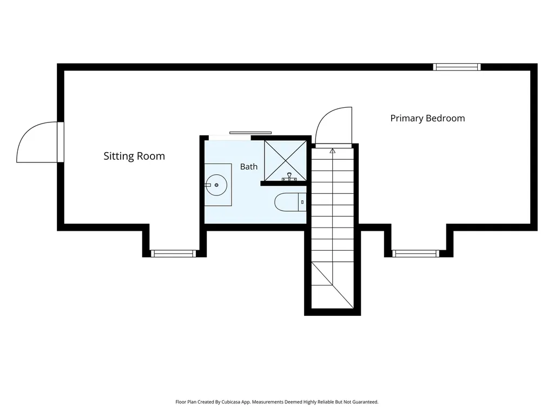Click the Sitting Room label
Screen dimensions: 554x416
(x=134, y=156)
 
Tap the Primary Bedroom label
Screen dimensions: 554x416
(x=427, y=119)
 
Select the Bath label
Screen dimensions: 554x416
(x=249, y=167)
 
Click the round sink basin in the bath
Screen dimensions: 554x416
(x=216, y=185)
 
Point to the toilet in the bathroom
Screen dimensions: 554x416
(x=291, y=202)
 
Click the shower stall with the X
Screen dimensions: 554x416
(x=286, y=161)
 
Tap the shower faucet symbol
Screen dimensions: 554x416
(x=289, y=177)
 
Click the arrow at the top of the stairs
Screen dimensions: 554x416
(x=333, y=151)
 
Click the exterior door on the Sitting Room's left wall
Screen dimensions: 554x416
(x=39, y=142)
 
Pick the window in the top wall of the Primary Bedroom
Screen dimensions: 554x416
(x=457, y=67)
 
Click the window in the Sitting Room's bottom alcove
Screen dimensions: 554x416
(x=173, y=253)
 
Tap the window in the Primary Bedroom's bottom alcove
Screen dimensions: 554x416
(x=415, y=253)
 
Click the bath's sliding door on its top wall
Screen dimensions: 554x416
(x=250, y=133)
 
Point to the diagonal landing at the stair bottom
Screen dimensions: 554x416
(x=333, y=285)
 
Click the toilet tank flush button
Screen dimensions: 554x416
(x=302, y=202)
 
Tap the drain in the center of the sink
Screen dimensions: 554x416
(x=216, y=185)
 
